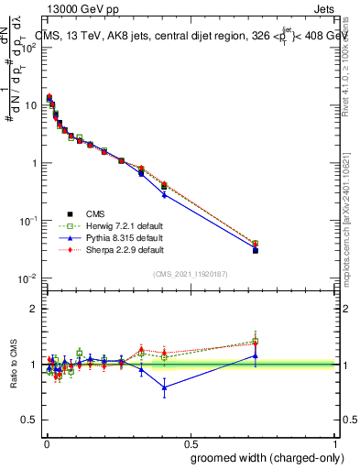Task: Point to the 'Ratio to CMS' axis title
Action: (14, 365)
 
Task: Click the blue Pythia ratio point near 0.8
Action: (164, 387)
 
